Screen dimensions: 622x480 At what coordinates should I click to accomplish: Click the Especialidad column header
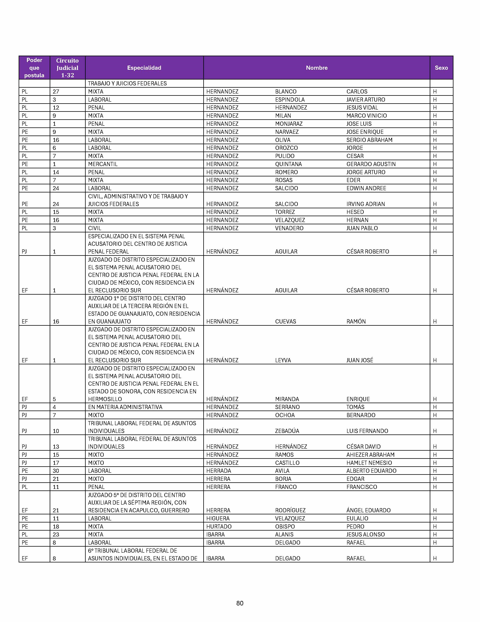click(x=144, y=68)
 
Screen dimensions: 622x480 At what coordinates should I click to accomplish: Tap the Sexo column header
click(x=441, y=68)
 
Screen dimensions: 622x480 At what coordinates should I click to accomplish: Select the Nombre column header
click(x=316, y=68)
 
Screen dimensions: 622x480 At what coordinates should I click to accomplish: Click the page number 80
click(x=240, y=603)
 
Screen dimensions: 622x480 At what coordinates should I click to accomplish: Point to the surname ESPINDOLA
click(x=290, y=100)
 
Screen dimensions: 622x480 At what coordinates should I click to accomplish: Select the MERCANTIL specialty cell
click(x=103, y=164)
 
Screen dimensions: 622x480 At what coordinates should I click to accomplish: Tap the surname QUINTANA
click(x=288, y=164)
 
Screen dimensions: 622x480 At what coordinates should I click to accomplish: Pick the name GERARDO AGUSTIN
click(x=371, y=164)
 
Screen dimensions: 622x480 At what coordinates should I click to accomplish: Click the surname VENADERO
click(x=289, y=228)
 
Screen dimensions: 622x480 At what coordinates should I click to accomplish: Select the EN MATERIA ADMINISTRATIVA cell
click(x=125, y=407)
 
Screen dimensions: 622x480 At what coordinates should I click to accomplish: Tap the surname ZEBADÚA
click(x=287, y=431)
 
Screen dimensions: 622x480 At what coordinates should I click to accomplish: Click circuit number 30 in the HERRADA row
click(x=56, y=471)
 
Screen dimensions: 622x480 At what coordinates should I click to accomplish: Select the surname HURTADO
click(x=219, y=527)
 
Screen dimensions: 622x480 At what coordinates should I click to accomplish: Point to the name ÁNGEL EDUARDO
click(x=368, y=510)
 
